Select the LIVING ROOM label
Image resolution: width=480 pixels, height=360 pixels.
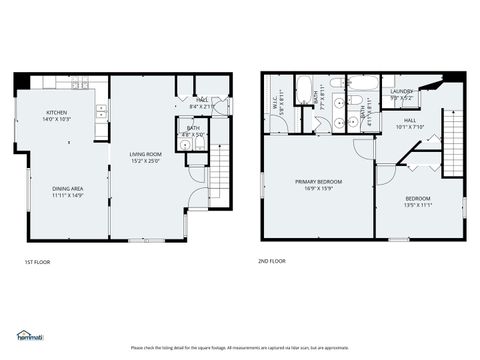(145, 155)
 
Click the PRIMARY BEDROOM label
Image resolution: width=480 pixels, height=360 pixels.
(318, 181)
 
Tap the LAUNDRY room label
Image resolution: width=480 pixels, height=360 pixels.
(402, 92)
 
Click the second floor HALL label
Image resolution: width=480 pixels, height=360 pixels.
(410, 123)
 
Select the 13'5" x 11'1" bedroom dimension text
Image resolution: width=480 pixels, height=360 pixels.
(416, 204)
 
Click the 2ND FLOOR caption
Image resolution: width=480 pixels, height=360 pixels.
(271, 260)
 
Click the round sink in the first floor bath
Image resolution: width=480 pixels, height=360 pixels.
(186, 146)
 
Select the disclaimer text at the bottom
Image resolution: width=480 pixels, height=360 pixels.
(239, 348)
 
